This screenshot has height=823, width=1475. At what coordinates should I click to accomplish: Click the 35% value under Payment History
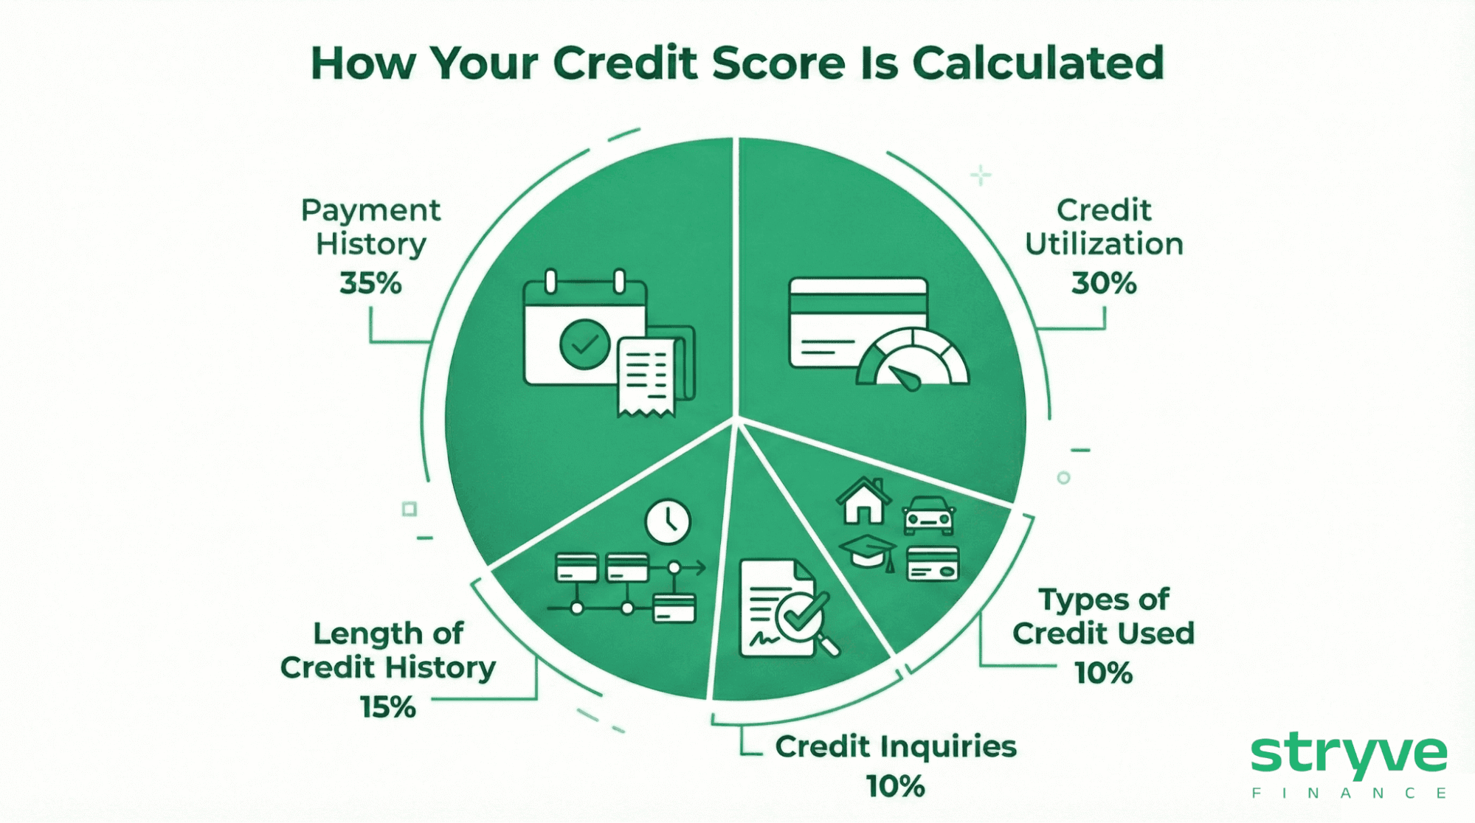[x=370, y=283]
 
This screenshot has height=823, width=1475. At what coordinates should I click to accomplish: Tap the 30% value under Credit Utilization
[x=1104, y=283]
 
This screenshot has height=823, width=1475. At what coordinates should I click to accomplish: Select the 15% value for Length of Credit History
[x=388, y=707]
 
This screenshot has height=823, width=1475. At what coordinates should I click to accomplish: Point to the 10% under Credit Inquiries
[x=895, y=786]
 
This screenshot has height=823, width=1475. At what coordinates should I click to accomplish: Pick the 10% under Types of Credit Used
[x=1103, y=673]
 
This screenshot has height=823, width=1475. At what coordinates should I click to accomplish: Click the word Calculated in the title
[x=1037, y=63]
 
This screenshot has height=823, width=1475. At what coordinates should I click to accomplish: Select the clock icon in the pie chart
[x=668, y=522]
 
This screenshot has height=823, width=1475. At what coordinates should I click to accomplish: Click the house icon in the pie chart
[x=863, y=501]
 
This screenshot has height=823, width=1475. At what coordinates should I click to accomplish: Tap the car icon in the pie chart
[x=929, y=515]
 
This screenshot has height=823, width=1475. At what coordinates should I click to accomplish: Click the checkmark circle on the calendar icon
[x=584, y=344]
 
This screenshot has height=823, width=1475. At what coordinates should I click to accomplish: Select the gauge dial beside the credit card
[x=913, y=360]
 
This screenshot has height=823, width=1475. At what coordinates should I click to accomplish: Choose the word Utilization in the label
[x=1104, y=244]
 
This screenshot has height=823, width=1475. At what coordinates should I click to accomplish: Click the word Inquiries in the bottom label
[x=948, y=747]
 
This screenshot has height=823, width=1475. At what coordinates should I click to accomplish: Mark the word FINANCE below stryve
[x=1349, y=794]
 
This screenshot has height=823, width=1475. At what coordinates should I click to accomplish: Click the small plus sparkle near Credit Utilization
[x=981, y=176]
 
